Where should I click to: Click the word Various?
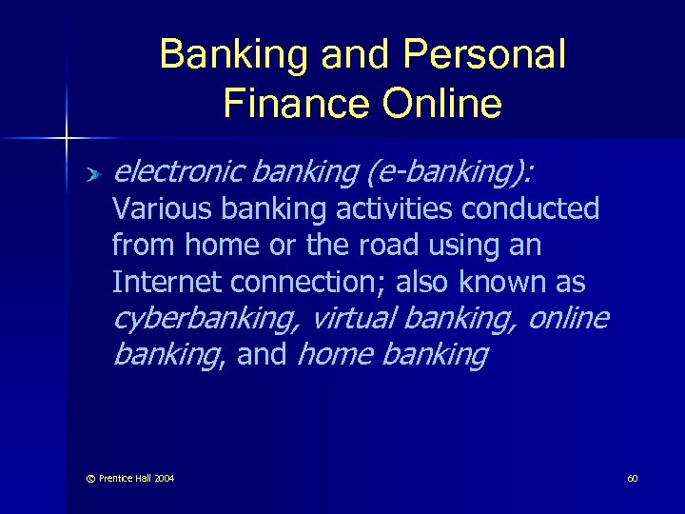point(156,208)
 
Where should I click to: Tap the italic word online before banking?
point(567,318)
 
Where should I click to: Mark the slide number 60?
point(632,477)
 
